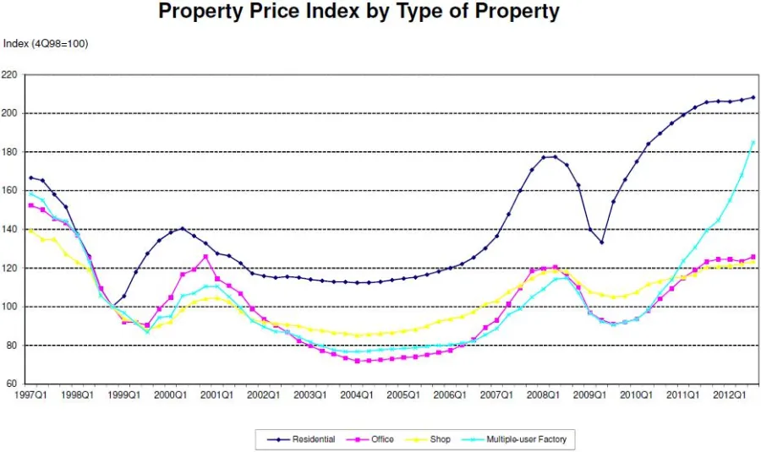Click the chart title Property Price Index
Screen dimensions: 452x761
tap(359, 12)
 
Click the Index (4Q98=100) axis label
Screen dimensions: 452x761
tap(46, 44)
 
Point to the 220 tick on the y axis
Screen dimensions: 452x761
tap(10, 74)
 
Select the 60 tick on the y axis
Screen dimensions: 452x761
tap(13, 384)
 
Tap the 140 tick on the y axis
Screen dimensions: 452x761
tap(10, 230)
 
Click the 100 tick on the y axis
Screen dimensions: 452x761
tap(10, 307)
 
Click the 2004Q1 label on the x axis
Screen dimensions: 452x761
tap(356, 395)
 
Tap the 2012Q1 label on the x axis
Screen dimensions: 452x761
tap(729, 395)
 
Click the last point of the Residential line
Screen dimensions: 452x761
tap(753, 97)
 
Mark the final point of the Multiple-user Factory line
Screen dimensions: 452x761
tap(753, 142)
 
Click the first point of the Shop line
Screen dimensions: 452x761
tap(31, 230)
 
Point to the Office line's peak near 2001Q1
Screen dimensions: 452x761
tap(205, 257)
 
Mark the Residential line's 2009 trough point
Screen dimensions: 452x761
tap(602, 242)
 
